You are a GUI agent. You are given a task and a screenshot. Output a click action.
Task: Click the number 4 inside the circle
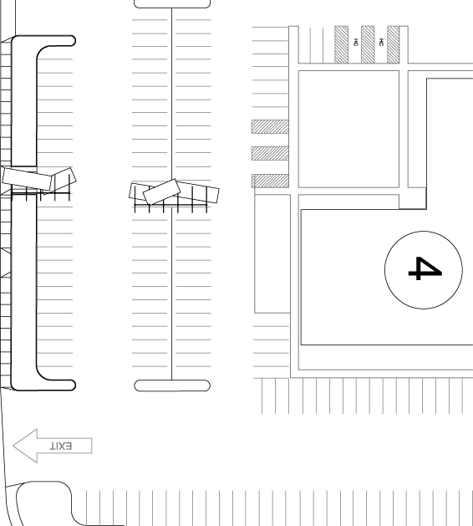425,268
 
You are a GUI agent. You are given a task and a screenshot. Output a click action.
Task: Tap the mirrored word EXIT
61,447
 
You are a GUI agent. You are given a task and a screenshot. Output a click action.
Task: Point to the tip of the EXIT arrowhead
13,446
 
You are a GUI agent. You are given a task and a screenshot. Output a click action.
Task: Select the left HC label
356,43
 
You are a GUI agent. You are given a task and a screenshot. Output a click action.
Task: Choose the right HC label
381,43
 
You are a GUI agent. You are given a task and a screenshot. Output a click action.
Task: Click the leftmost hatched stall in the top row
341,44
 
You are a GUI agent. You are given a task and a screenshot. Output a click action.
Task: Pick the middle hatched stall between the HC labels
368,44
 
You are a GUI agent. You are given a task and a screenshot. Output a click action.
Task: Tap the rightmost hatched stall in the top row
394,44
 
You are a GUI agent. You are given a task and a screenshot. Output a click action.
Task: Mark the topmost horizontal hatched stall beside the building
270,127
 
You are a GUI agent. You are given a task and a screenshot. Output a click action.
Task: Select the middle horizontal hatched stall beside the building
270,153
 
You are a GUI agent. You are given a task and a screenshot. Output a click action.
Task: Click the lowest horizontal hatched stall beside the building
270,181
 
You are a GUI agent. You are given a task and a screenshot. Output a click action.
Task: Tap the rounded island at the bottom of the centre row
172,386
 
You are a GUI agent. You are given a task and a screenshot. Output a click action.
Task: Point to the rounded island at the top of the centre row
172,3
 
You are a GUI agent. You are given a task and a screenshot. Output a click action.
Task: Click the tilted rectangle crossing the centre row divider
161,192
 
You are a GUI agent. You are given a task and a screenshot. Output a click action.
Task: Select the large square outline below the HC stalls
348,129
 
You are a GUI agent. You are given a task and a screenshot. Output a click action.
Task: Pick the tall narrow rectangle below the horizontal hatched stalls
272,253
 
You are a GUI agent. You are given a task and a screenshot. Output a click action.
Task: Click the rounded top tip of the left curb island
73,41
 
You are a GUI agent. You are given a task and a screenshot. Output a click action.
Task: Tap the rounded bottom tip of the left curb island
73,386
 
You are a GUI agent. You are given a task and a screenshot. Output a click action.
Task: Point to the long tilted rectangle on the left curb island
27,179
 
